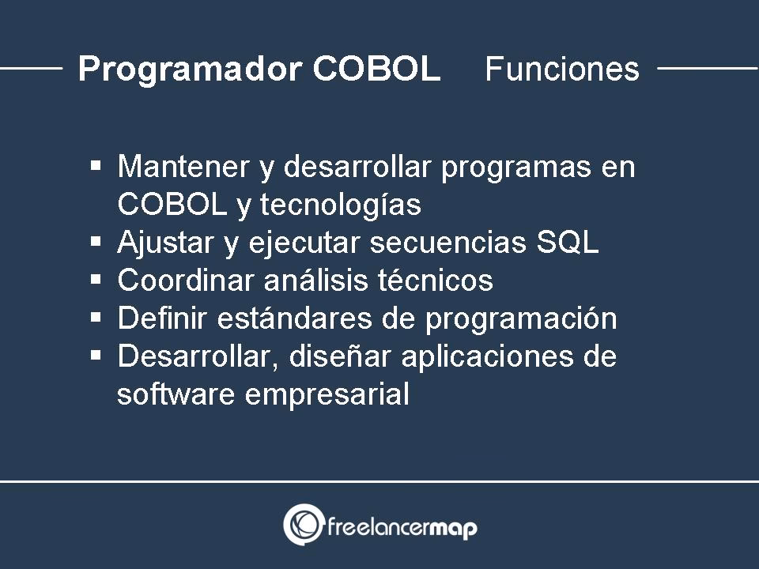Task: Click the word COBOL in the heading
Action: coord(376,70)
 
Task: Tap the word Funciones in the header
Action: coord(561,70)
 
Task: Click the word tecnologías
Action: coord(341,205)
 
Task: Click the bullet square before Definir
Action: coord(96,318)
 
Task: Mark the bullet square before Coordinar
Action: coord(96,280)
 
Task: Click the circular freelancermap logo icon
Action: coord(303,525)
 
